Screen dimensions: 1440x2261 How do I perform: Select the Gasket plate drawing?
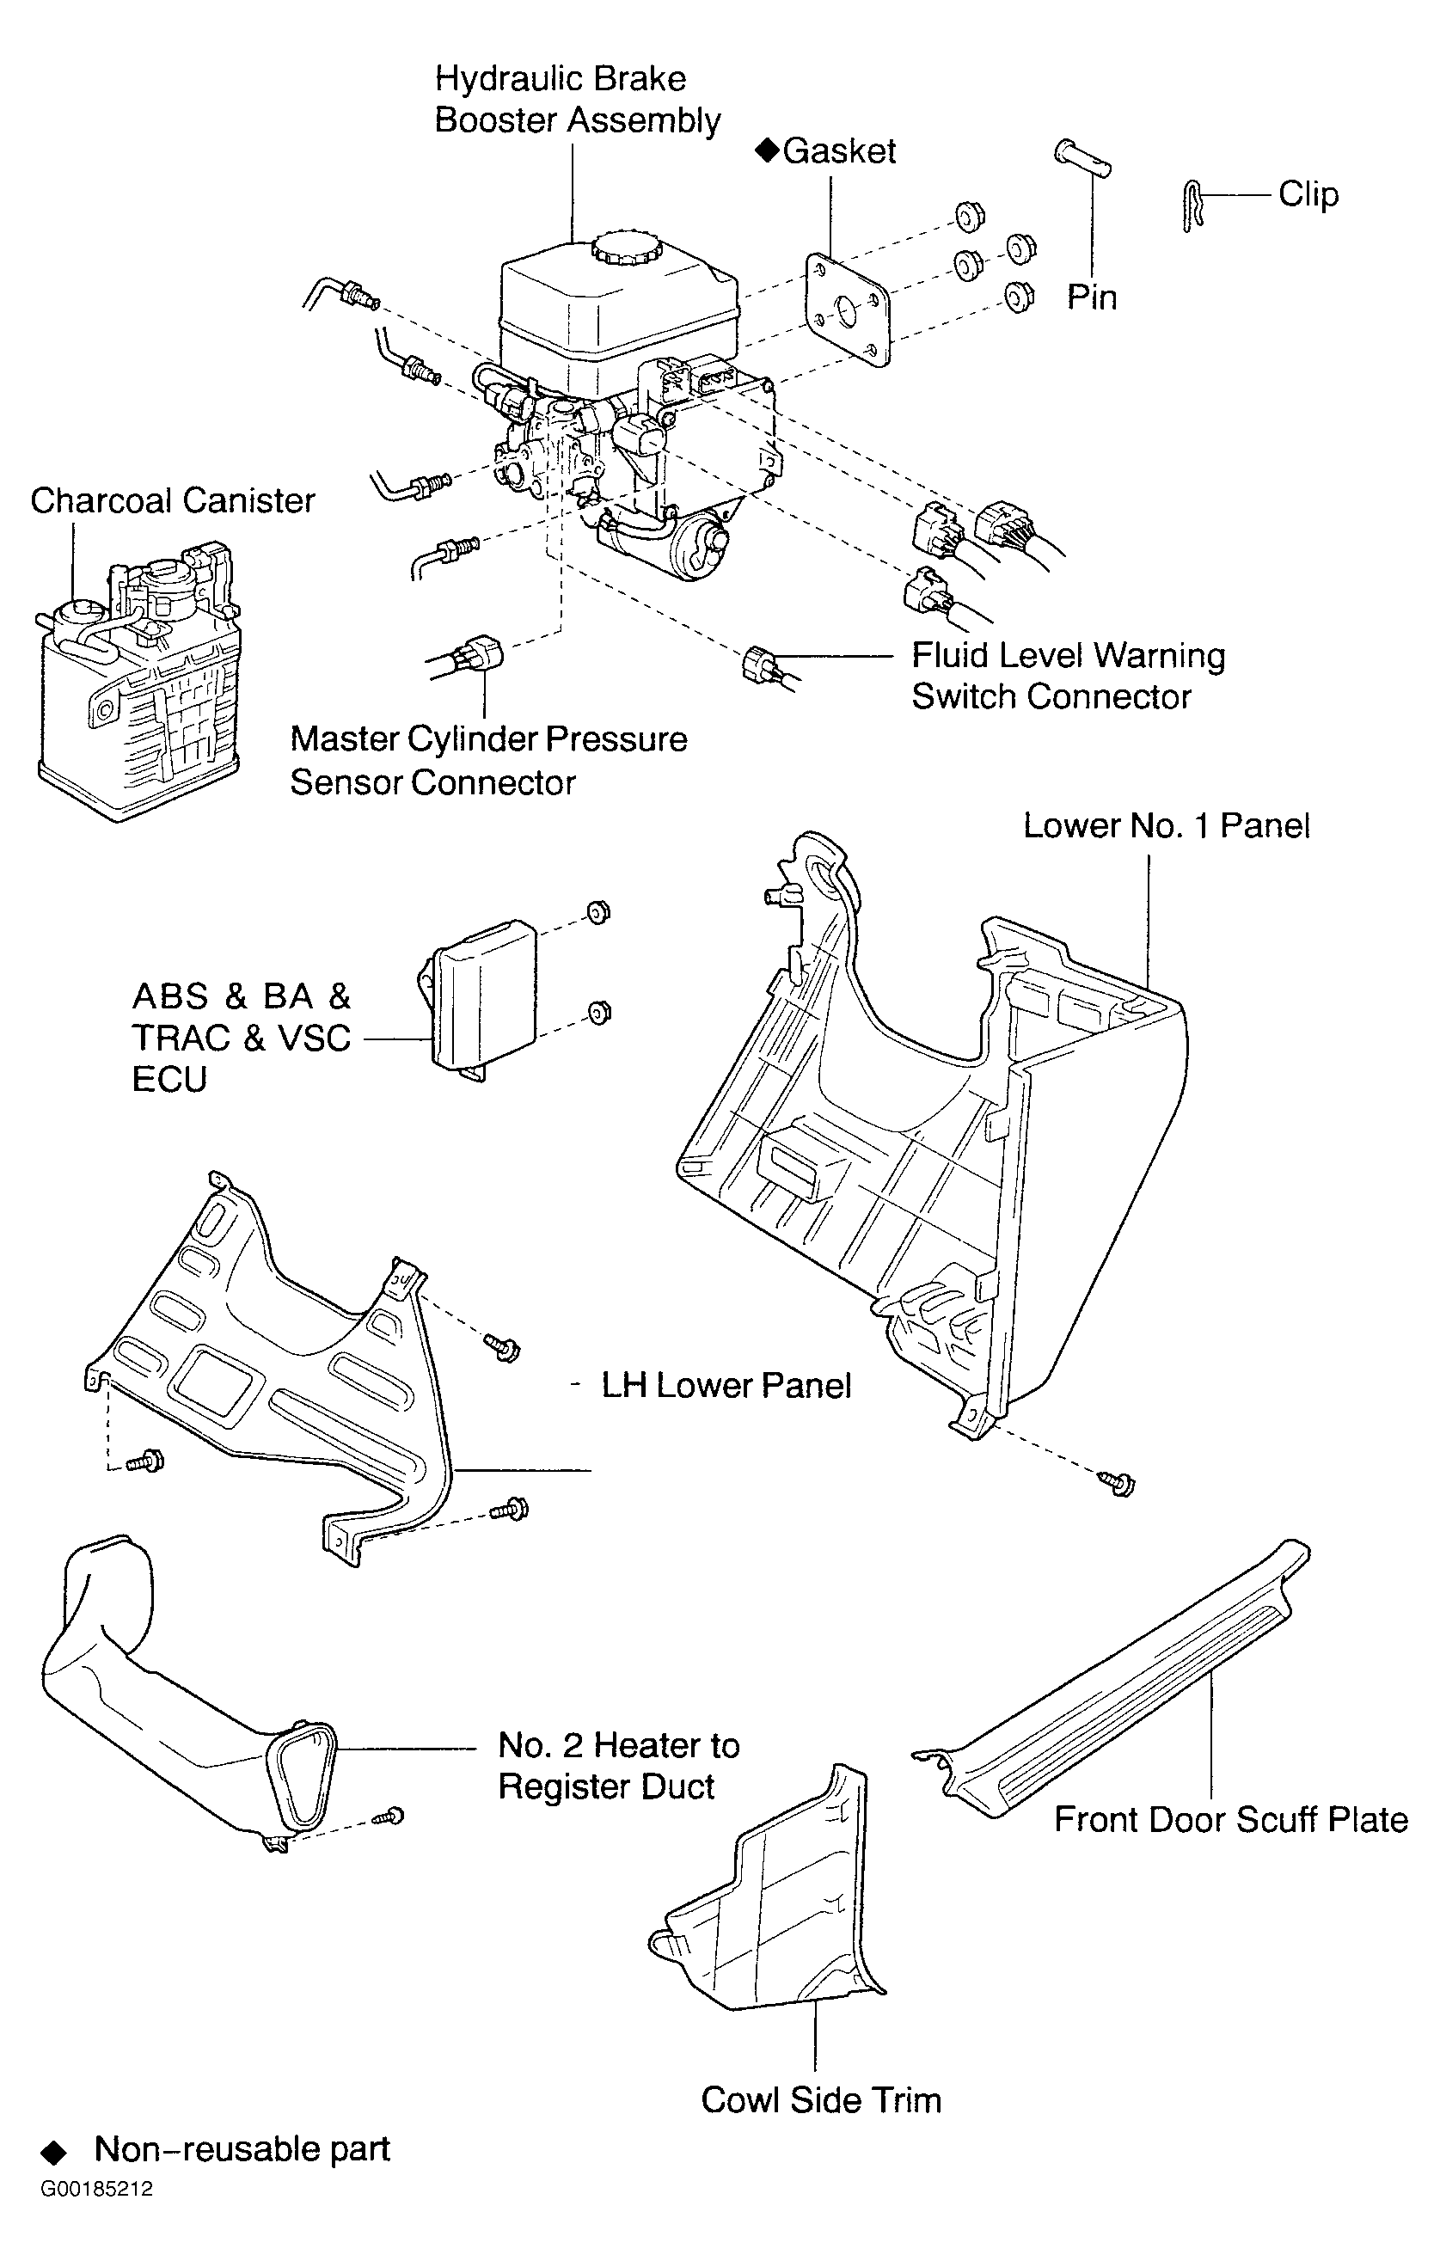(848, 309)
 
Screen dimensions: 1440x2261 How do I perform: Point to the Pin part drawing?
(1082, 157)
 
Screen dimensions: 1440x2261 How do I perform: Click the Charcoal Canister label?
(173, 500)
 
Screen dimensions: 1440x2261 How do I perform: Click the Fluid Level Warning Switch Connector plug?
(757, 665)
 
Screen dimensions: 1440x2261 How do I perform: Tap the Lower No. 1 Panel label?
(1166, 825)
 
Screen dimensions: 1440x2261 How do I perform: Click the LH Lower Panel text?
(726, 1386)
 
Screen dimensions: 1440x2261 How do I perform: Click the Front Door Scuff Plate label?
(1231, 1820)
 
